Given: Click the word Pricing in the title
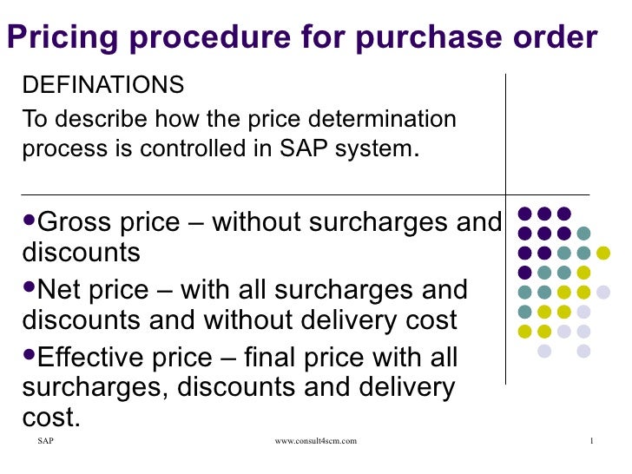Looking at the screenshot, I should [55, 37].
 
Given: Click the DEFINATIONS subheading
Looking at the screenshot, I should [102, 86].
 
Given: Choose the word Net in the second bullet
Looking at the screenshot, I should [63, 290].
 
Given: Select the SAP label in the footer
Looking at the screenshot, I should [45, 442].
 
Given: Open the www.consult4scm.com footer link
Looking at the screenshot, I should [315, 442].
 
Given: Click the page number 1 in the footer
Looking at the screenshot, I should [590, 442].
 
